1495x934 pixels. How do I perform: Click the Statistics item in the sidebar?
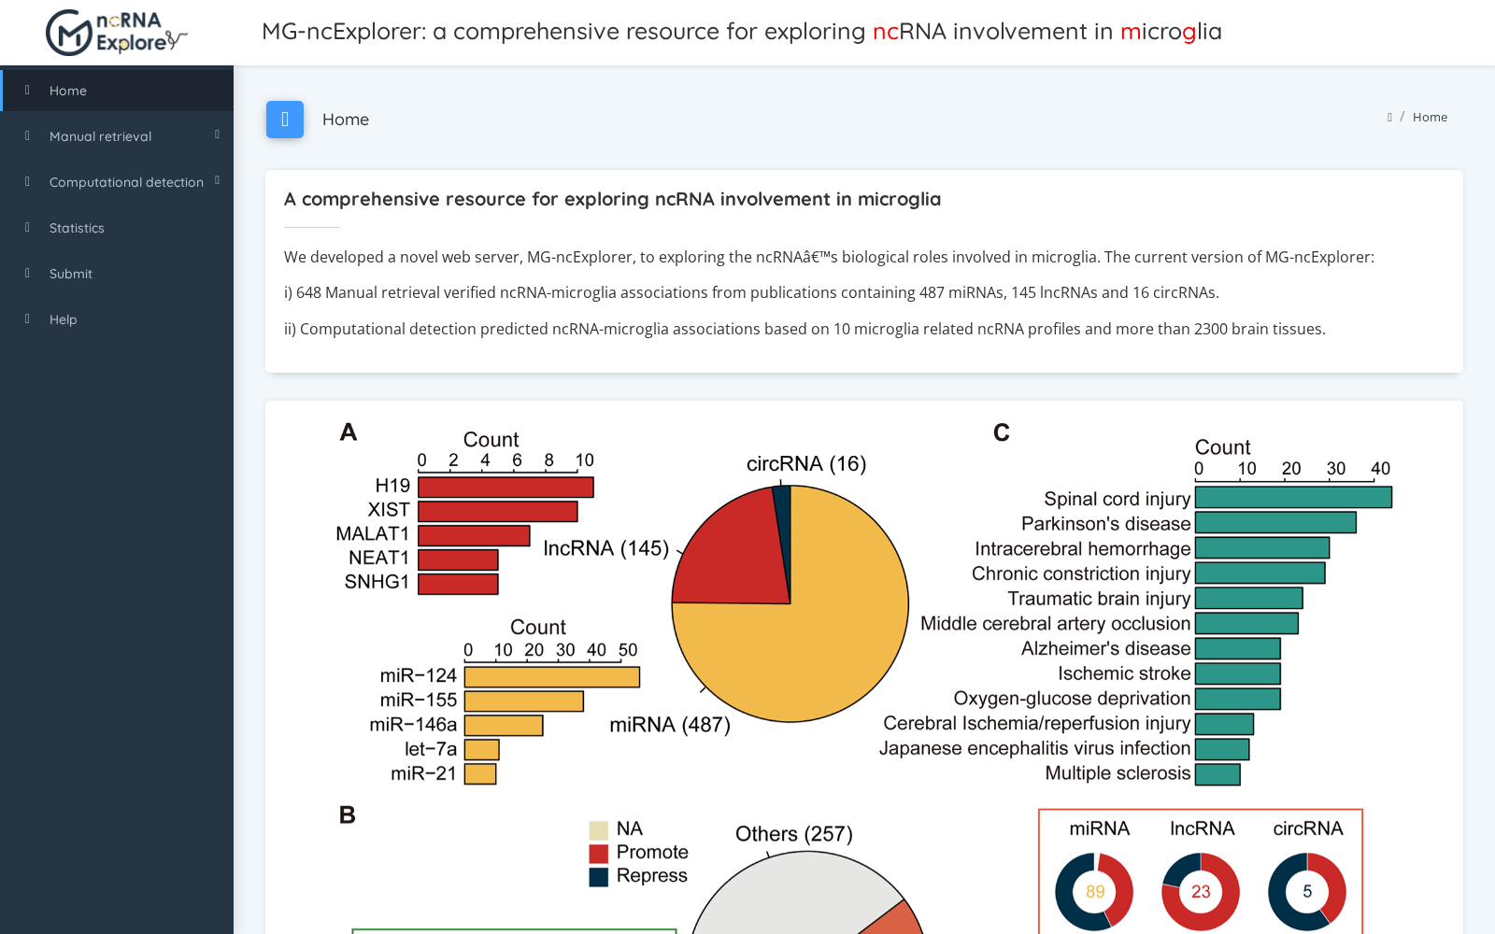click(x=76, y=228)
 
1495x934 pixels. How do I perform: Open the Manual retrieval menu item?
click(x=100, y=136)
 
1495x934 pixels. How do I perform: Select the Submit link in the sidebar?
click(x=70, y=275)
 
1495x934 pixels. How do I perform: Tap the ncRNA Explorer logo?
click(x=116, y=32)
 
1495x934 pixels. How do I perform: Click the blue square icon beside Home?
click(x=285, y=120)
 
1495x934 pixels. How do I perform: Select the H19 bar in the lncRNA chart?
click(x=505, y=487)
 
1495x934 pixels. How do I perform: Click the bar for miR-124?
click(x=552, y=677)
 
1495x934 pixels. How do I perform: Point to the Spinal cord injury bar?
click(x=1293, y=498)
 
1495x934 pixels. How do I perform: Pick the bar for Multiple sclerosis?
click(x=1217, y=774)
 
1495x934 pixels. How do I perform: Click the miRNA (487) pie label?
click(x=670, y=725)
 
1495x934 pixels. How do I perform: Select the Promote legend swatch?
click(x=599, y=854)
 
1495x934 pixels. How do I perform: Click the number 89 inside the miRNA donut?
click(x=1095, y=892)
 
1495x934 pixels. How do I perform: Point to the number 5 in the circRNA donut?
click(x=1307, y=892)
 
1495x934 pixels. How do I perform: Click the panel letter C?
click(x=1001, y=433)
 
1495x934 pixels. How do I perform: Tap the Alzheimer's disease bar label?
click(x=1106, y=649)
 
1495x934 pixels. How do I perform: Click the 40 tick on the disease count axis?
click(x=1380, y=468)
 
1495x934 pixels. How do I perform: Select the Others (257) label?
click(x=794, y=835)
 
